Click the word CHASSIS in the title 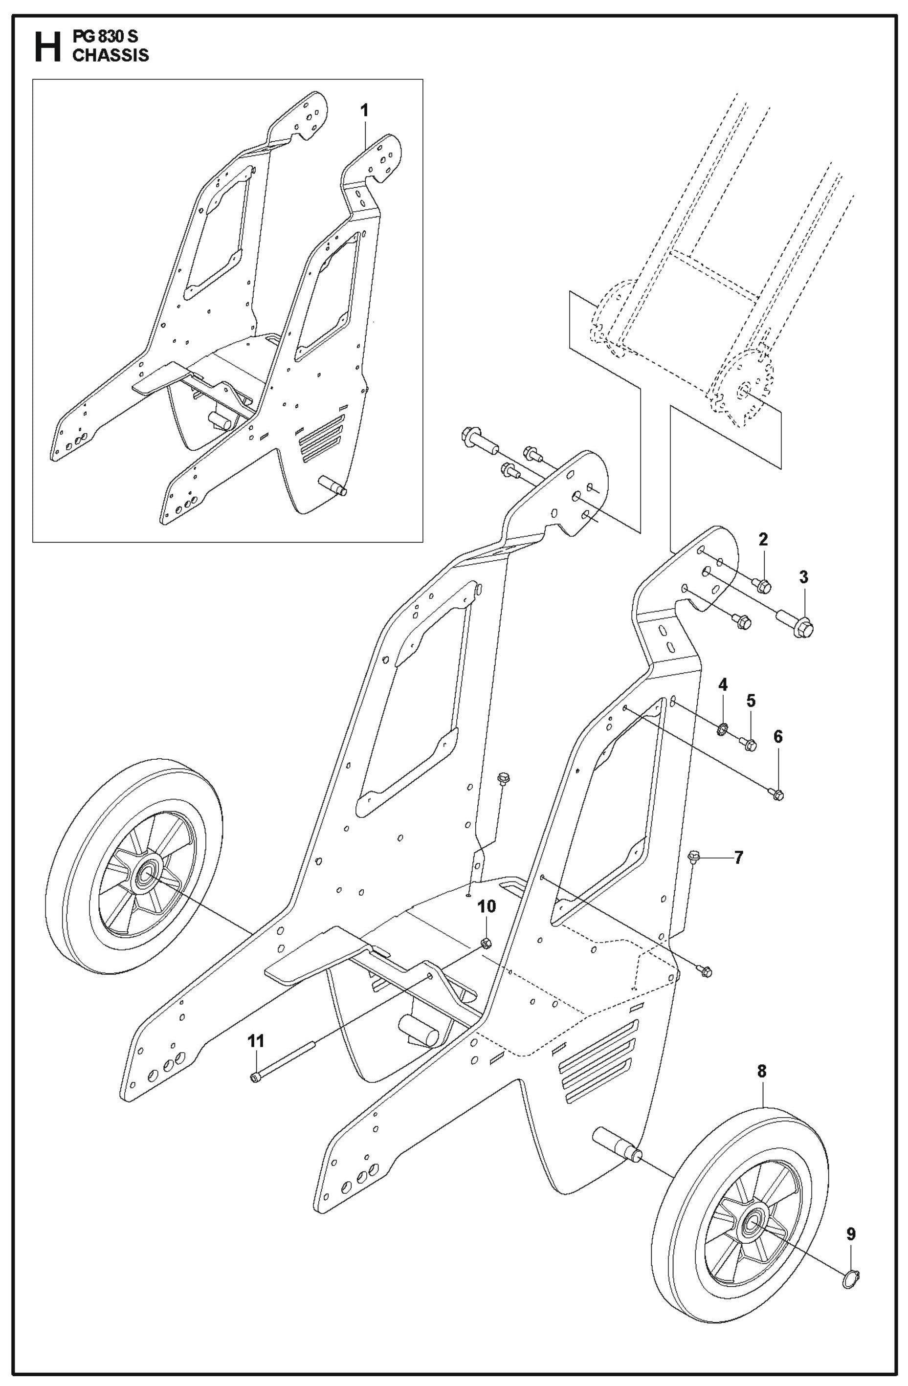click(x=110, y=56)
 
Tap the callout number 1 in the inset click(x=365, y=110)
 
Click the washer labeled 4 click(x=722, y=728)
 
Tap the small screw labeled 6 click(x=778, y=794)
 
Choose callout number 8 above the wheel click(x=762, y=1071)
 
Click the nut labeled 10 click(x=487, y=943)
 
